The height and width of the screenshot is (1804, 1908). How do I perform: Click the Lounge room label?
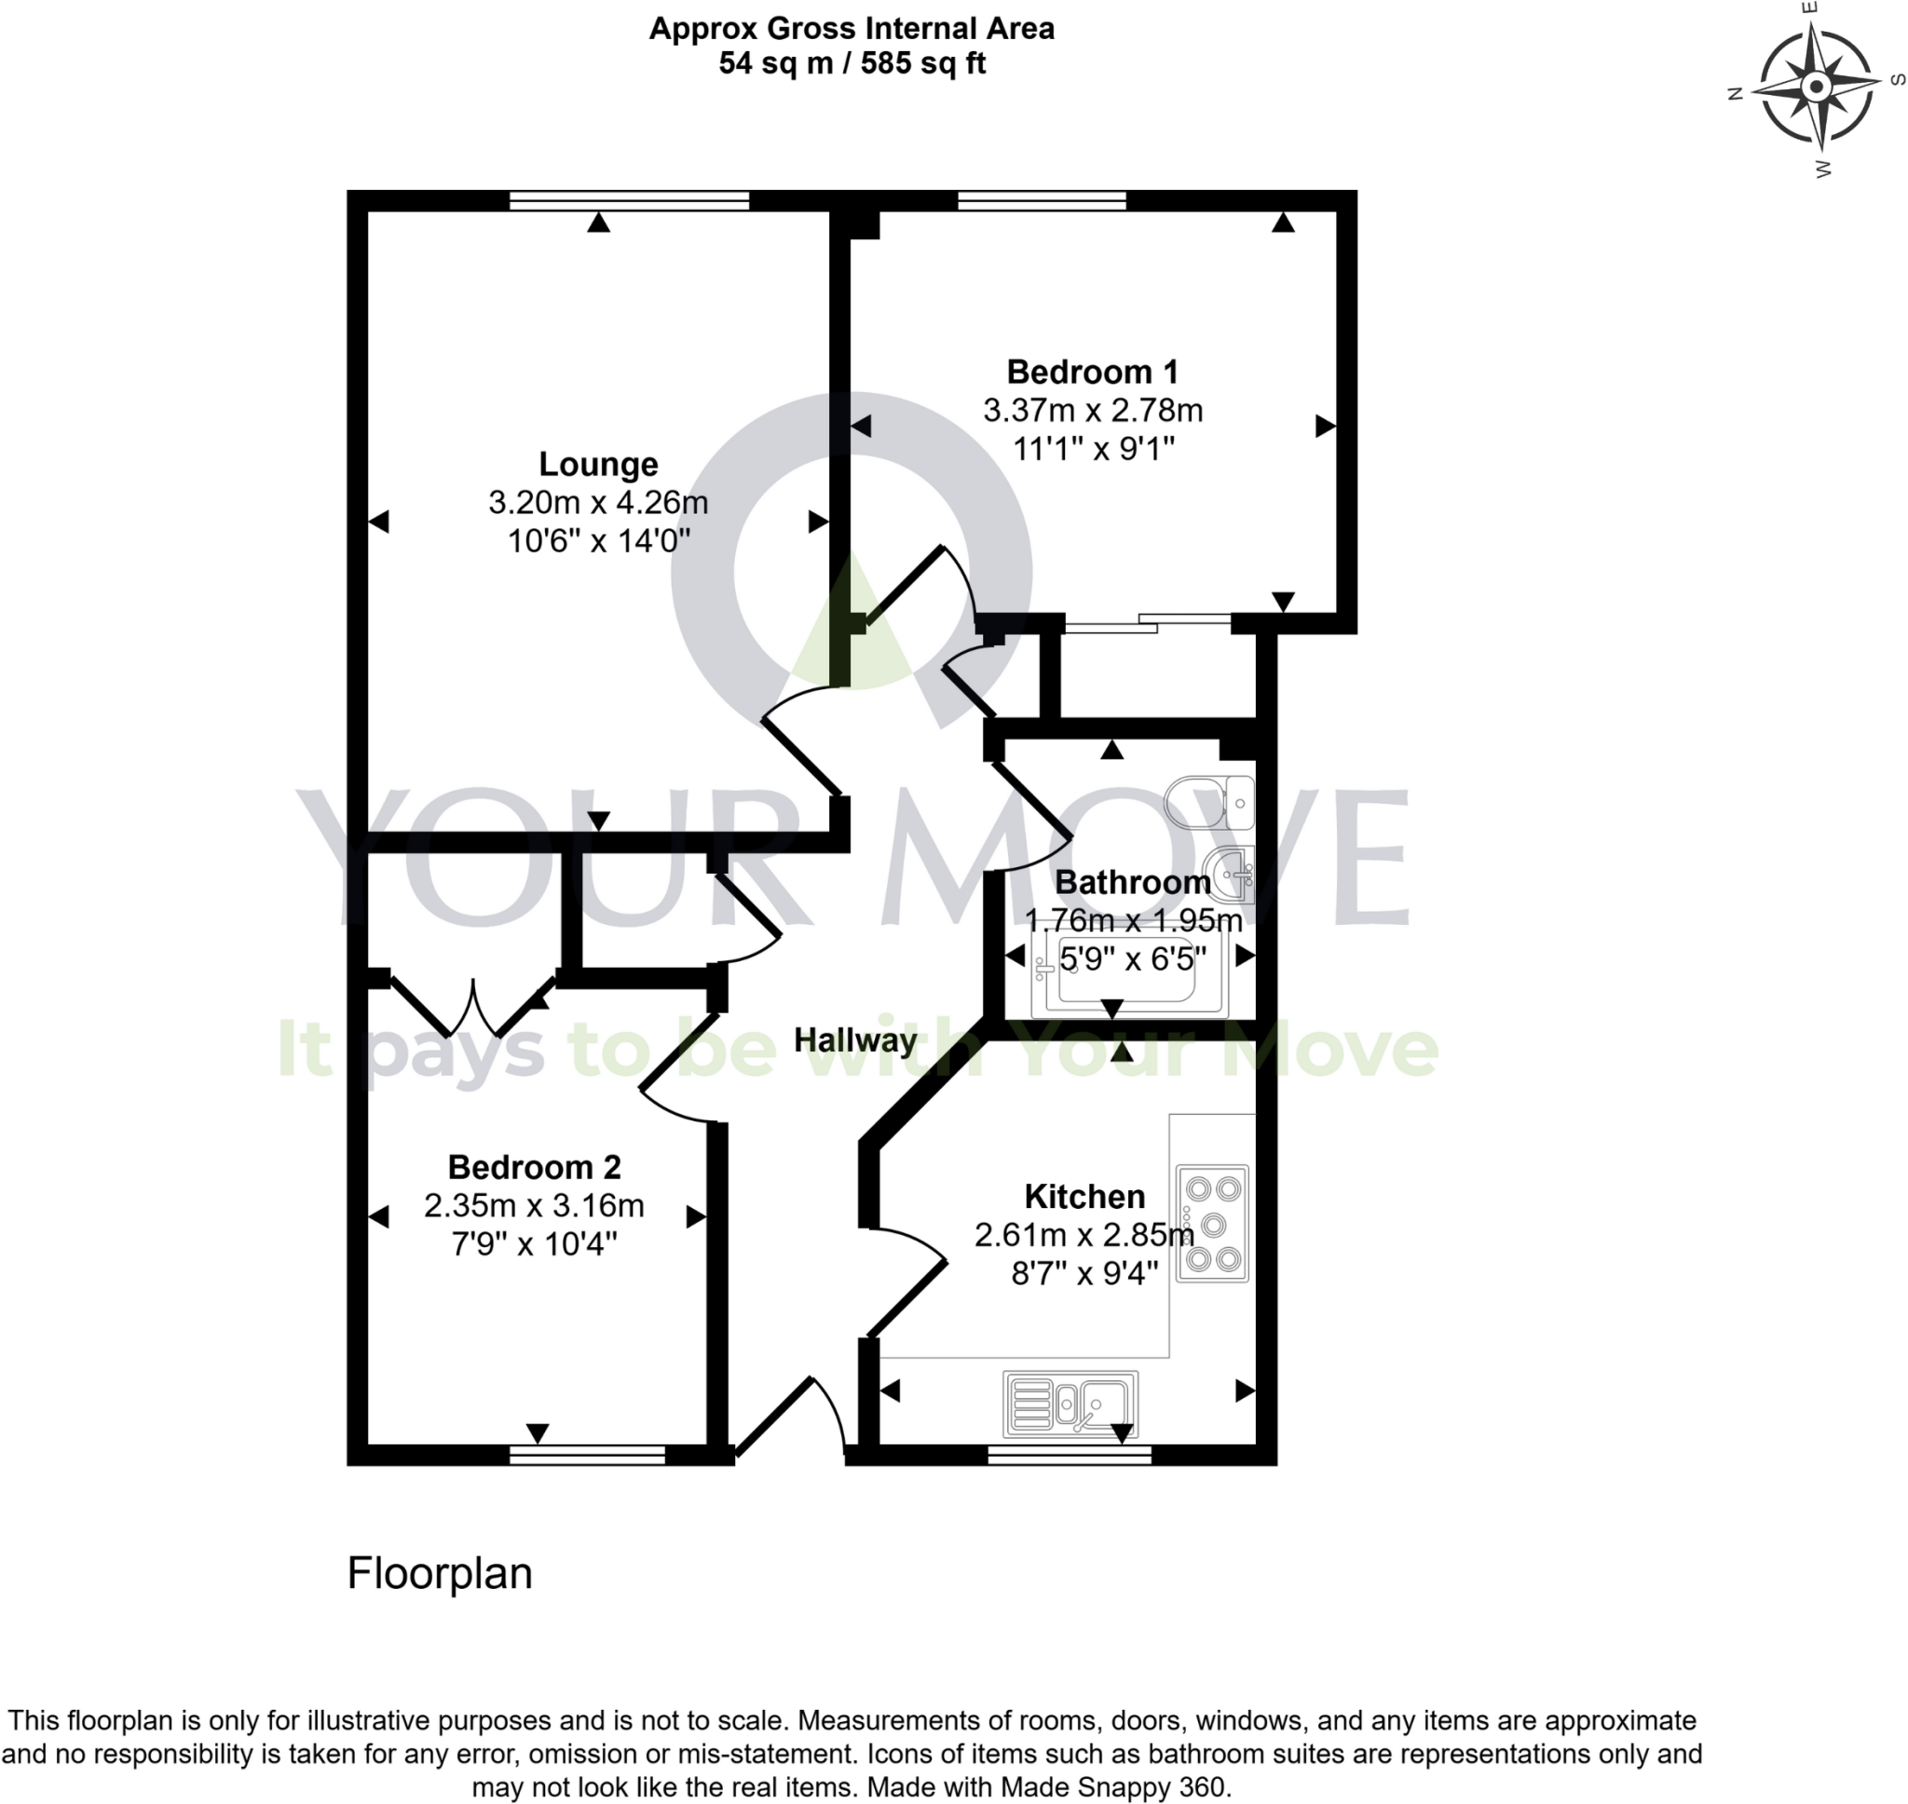(598, 465)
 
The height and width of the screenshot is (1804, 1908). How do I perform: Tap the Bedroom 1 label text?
(1092, 373)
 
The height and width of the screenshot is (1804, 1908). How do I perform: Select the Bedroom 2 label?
(534, 1166)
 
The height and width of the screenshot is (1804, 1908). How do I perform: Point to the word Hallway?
(855, 1039)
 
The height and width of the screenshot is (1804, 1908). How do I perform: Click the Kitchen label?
(1083, 1196)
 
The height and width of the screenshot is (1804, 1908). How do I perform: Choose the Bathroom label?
(1132, 882)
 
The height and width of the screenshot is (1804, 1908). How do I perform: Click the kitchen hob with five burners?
(1212, 1223)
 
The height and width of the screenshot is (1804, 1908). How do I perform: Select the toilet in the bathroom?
(1210, 802)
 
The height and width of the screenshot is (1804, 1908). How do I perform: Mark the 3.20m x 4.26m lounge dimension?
(598, 503)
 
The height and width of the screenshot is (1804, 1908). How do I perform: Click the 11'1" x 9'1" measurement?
(1094, 449)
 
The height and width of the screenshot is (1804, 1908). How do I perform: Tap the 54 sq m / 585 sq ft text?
(852, 64)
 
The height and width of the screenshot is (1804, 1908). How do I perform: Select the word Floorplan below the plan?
(440, 1574)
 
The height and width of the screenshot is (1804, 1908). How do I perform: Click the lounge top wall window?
(629, 200)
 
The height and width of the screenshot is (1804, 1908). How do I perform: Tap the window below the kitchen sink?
(1069, 1454)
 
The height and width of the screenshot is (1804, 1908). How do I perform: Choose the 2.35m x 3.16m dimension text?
(534, 1205)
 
